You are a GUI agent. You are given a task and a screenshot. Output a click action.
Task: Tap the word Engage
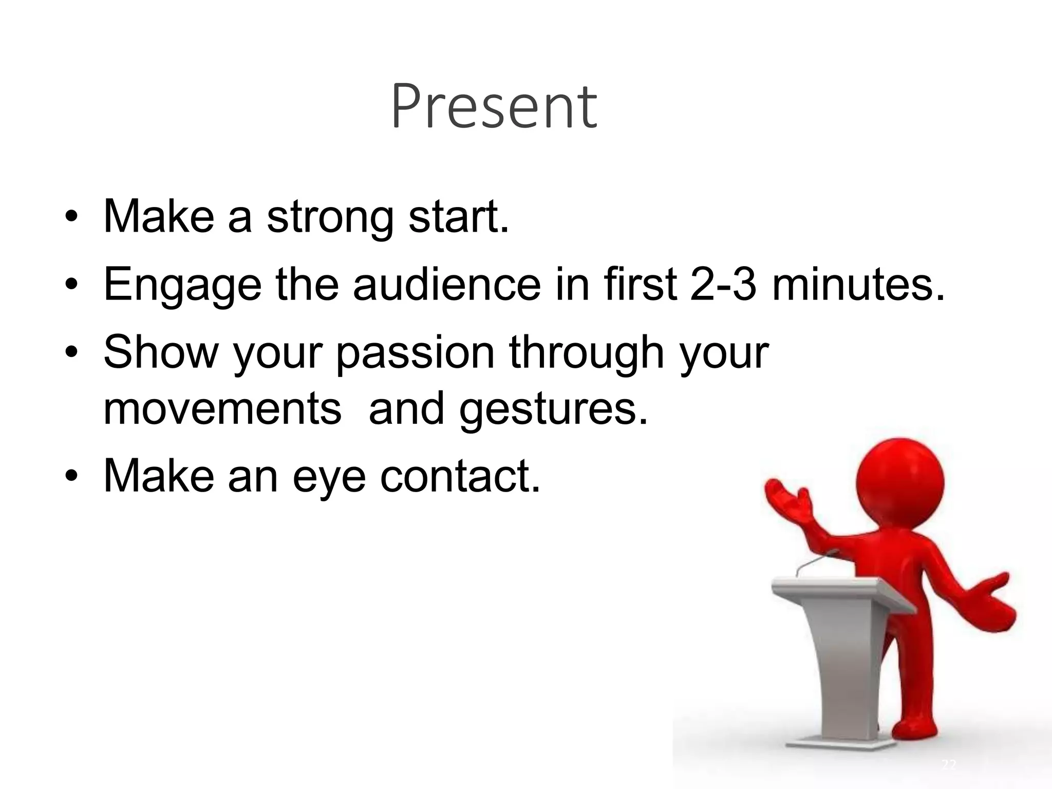click(182, 285)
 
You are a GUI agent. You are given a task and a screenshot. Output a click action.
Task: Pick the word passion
click(415, 353)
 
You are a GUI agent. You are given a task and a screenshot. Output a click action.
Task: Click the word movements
click(222, 409)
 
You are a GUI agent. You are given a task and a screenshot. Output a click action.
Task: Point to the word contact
click(460, 477)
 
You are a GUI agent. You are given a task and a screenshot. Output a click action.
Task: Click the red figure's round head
click(900, 480)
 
